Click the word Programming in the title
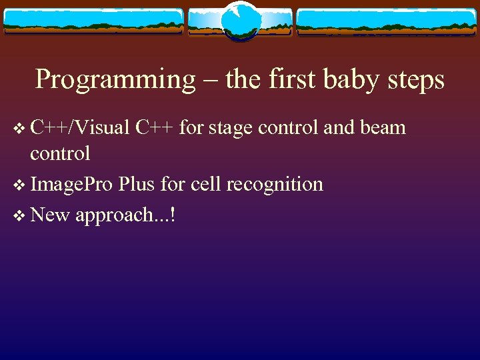point(115,79)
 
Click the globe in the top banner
point(240,21)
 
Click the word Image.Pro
point(71,185)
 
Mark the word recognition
point(275,185)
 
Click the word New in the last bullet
point(51,215)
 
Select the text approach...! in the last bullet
point(125,216)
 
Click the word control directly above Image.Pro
point(60,154)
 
